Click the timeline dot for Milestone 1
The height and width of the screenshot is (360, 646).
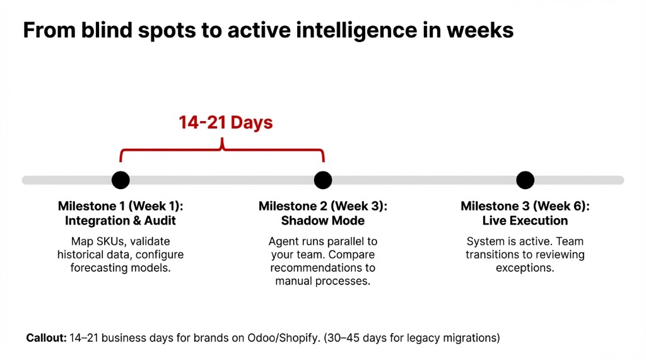[120, 180]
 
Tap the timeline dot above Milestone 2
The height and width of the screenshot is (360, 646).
[323, 180]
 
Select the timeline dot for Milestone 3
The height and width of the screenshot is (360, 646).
[525, 180]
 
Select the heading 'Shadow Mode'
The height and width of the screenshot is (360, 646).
[323, 221]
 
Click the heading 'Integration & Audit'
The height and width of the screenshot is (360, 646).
[120, 221]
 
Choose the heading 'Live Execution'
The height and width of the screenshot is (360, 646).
[525, 221]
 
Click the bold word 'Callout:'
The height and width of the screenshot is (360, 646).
[46, 338]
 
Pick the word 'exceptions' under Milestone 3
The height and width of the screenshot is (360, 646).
[525, 268]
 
